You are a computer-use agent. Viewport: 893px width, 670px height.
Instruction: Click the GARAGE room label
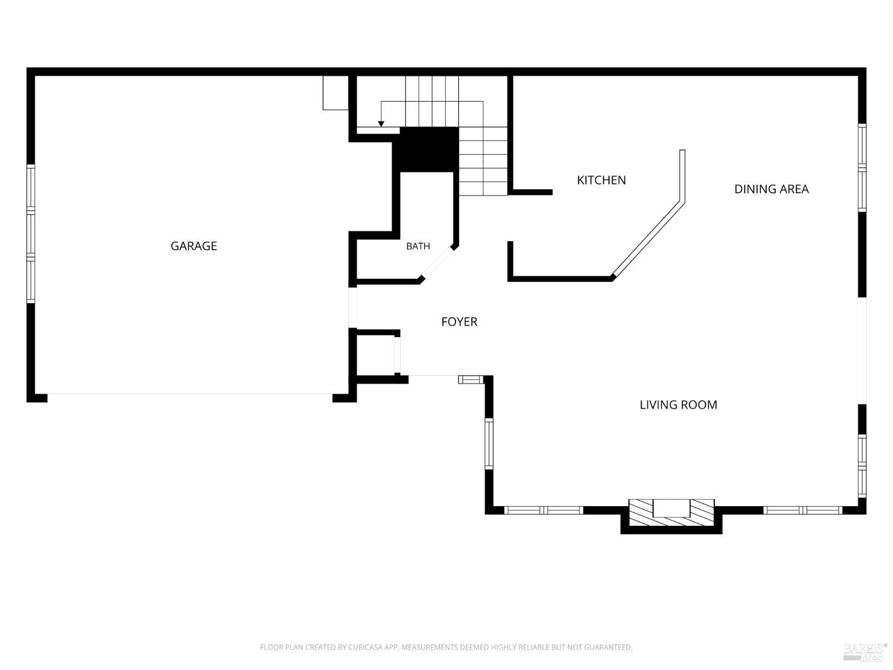point(193,246)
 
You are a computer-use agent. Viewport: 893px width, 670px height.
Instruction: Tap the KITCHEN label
point(601,180)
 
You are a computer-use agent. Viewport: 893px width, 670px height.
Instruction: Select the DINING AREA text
point(771,189)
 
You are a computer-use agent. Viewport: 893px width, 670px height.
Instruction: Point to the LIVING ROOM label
point(678,405)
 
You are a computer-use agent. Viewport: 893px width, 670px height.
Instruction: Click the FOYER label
point(459,322)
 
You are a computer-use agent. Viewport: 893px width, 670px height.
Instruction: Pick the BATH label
point(418,246)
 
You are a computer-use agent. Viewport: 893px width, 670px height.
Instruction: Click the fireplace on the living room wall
point(672,515)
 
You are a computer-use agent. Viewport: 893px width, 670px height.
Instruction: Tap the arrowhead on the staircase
point(381,124)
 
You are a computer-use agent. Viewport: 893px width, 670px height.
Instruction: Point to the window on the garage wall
point(30,233)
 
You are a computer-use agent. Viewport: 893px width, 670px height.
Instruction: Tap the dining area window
point(861,167)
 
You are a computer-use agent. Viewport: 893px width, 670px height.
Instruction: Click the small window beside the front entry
point(471,379)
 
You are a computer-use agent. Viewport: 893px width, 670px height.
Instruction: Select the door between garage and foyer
point(352,307)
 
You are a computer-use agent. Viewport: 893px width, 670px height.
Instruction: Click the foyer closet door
point(398,354)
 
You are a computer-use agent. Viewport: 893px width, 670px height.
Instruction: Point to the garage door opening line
point(190,394)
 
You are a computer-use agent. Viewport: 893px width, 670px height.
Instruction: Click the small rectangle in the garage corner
point(336,93)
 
